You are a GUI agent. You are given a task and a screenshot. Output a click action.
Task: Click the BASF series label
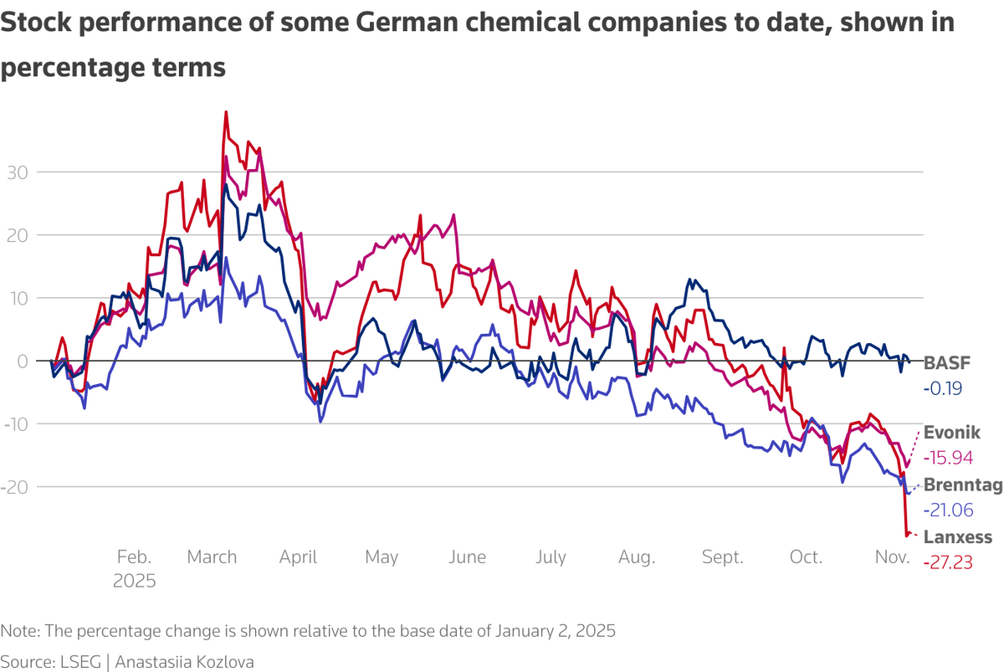944,363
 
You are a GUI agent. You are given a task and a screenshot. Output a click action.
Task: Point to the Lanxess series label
957,537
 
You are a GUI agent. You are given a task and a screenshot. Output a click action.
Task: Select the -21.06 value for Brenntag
948,510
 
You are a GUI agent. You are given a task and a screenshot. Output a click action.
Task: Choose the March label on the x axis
212,557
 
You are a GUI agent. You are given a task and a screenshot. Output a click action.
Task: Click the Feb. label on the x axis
134,557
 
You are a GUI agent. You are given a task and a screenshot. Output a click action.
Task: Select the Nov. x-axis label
892,557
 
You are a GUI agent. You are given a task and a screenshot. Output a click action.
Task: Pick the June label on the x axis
468,557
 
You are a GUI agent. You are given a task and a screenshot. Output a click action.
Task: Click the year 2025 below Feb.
134,580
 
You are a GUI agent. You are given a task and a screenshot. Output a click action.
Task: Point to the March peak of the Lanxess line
226,112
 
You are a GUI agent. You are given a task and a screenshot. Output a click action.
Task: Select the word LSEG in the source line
73,661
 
